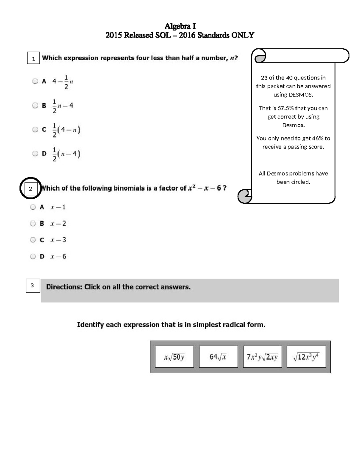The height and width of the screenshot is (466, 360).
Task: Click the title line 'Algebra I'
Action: click(180, 26)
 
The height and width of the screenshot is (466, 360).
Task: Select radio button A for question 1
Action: click(35, 81)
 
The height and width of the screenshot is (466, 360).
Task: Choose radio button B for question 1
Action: click(35, 105)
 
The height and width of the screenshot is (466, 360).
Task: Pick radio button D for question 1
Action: click(35, 154)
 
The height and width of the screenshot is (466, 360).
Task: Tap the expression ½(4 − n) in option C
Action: click(66, 130)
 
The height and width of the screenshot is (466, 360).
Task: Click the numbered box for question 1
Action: click(33, 58)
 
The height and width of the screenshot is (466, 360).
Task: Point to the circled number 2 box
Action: click(30, 189)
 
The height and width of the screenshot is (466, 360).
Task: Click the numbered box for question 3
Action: click(32, 285)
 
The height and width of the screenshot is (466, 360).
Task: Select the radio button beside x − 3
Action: click(33, 240)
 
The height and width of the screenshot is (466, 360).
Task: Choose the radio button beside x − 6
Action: click(33, 256)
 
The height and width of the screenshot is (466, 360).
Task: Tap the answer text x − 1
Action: click(58, 207)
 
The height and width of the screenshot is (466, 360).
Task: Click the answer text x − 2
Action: click(58, 224)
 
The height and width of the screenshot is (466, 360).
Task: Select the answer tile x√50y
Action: click(174, 357)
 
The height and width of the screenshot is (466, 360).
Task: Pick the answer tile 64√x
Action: click(218, 357)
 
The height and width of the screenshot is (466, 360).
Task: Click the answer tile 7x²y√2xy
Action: click(262, 357)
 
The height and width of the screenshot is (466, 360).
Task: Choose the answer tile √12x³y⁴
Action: click(306, 357)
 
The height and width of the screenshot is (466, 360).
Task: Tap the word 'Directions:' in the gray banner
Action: click(64, 287)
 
